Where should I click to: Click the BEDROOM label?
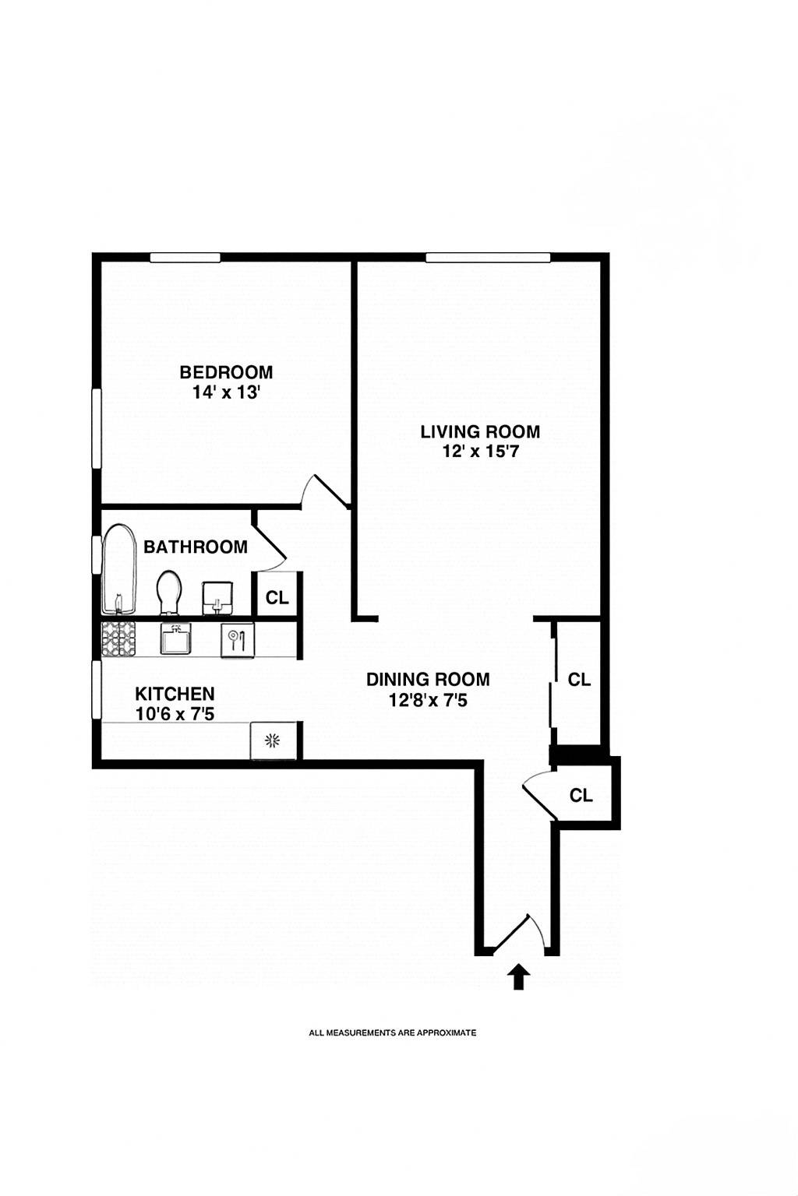click(226, 372)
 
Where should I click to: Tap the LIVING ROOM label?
click(480, 431)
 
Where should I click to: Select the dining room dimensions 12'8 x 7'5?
click(428, 700)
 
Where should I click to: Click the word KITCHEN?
click(175, 693)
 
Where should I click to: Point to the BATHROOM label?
click(196, 547)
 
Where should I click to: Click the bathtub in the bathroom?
click(119, 570)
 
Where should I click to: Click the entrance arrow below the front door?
click(518, 976)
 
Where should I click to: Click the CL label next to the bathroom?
click(277, 597)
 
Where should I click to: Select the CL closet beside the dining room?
click(579, 680)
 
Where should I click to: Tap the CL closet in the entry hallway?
click(581, 795)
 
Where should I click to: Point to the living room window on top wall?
click(488, 258)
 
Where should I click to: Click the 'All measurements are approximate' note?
click(393, 1033)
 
